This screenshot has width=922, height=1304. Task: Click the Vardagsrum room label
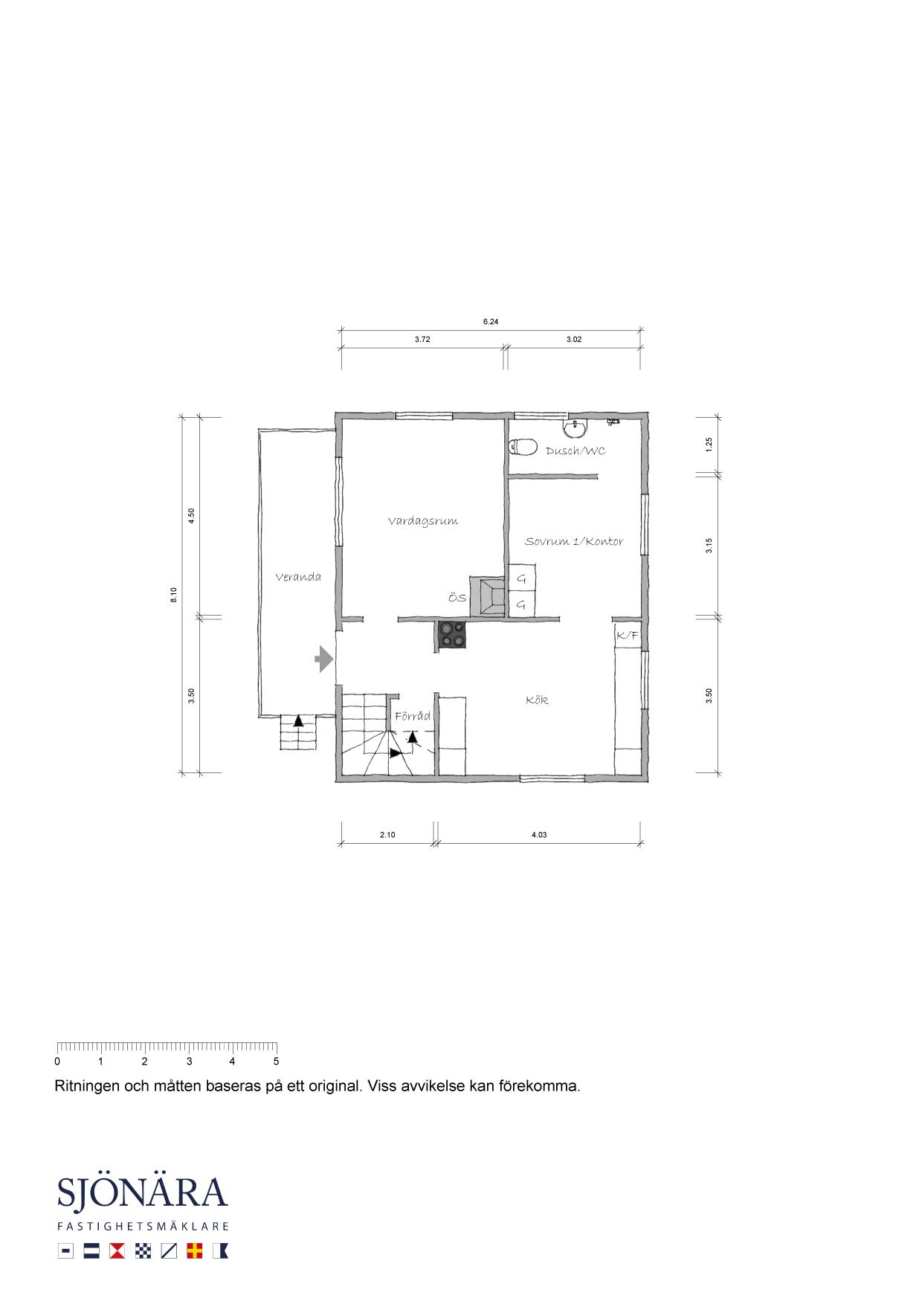click(422, 521)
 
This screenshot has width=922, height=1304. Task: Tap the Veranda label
click(298, 577)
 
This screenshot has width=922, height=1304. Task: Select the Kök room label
click(537, 700)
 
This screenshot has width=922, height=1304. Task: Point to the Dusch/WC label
click(576, 451)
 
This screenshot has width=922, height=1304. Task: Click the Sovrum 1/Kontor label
click(574, 541)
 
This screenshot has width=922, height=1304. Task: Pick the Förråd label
click(413, 716)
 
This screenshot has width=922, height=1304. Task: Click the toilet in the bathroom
click(523, 447)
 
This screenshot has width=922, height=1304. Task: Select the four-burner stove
click(452, 636)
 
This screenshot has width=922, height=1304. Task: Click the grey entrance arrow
click(323, 659)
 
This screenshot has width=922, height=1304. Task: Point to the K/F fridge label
click(627, 635)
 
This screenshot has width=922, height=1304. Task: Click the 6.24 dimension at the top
click(490, 322)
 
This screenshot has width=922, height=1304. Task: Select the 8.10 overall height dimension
click(173, 595)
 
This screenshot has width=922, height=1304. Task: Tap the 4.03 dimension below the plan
click(539, 835)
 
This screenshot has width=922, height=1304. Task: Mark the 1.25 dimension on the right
click(709, 445)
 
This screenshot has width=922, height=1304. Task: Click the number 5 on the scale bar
click(276, 1062)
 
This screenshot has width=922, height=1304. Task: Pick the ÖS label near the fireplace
click(457, 598)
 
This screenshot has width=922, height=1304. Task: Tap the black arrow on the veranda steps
click(298, 720)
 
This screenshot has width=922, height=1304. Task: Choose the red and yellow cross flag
click(196, 1251)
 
